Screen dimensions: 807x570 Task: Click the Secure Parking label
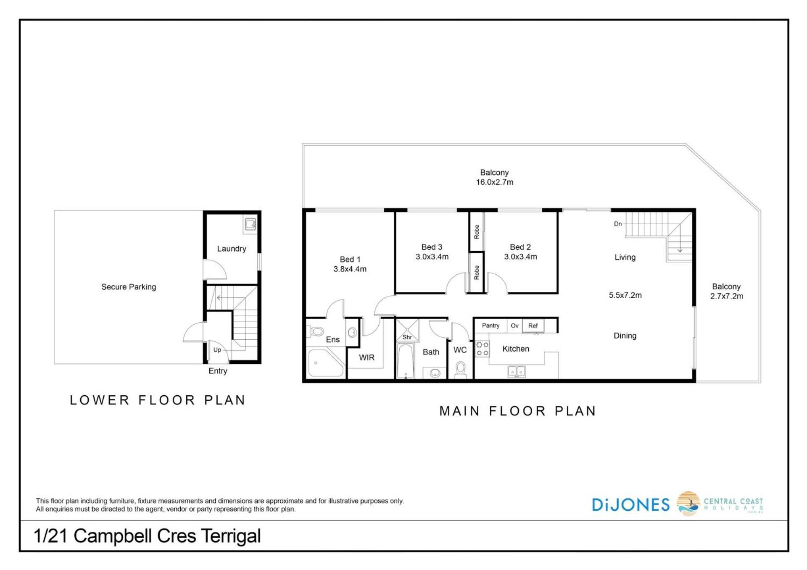pyautogui.click(x=129, y=287)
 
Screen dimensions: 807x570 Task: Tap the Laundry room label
pyautogui.click(x=232, y=249)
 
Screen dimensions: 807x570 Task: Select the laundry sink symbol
pyautogui.click(x=251, y=224)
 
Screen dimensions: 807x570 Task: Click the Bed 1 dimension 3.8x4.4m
pyautogui.click(x=350, y=269)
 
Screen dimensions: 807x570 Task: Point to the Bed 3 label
pyautogui.click(x=432, y=247)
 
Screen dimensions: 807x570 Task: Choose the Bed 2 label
pyautogui.click(x=520, y=247)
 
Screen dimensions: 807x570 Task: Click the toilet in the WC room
pyautogui.click(x=461, y=370)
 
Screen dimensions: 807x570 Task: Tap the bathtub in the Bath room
pyautogui.click(x=406, y=361)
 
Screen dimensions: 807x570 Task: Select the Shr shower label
pyautogui.click(x=407, y=337)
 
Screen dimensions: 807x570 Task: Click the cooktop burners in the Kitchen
pyautogui.click(x=482, y=349)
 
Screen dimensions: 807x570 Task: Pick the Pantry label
pyautogui.click(x=491, y=326)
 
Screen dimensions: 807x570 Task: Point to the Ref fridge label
pyautogui.click(x=533, y=326)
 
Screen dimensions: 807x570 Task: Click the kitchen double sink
pyautogui.click(x=516, y=372)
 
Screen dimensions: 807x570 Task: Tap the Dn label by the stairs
pyautogui.click(x=618, y=224)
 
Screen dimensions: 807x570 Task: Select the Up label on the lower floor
pyautogui.click(x=217, y=349)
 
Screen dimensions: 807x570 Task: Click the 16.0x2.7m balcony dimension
pyautogui.click(x=494, y=182)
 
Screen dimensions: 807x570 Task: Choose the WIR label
pyautogui.click(x=367, y=357)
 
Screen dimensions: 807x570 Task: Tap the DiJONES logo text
pyautogui.click(x=630, y=504)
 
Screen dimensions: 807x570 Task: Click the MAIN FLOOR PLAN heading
pyautogui.click(x=518, y=411)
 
